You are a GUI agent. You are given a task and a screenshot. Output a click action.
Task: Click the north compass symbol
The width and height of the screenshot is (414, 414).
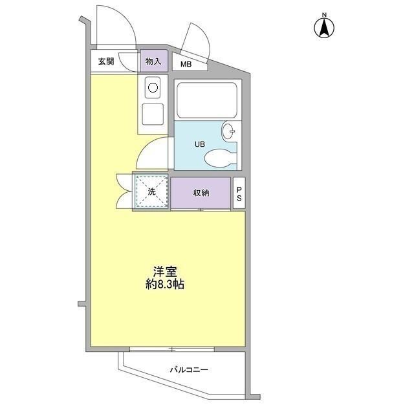[x=323, y=27]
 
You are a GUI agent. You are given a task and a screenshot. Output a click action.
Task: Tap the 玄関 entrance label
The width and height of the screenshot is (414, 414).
[x=106, y=62]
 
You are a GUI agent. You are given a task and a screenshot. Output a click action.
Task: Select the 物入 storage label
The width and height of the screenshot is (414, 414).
[x=153, y=62]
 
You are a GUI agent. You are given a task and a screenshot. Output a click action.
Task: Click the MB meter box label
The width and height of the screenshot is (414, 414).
[x=186, y=64]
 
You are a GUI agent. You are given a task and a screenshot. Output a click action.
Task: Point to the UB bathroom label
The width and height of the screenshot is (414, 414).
[x=200, y=144]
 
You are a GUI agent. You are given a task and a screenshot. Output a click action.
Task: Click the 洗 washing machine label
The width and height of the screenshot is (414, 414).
[x=151, y=191]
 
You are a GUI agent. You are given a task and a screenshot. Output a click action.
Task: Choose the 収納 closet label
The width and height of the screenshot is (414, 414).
[x=201, y=192]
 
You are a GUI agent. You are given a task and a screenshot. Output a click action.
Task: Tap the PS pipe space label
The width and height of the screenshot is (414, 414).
[x=239, y=193]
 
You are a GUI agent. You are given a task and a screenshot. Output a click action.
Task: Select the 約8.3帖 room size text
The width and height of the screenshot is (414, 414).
[x=165, y=284]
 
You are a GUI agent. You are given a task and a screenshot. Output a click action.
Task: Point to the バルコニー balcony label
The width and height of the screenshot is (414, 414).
[x=189, y=370]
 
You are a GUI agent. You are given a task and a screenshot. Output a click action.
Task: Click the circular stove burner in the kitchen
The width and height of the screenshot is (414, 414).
[x=153, y=87]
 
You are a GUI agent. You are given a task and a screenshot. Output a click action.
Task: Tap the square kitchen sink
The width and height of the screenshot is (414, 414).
[x=153, y=114]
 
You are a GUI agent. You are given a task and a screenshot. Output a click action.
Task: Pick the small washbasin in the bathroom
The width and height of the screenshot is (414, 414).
[x=228, y=131]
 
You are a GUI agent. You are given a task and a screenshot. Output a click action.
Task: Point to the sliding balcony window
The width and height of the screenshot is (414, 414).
[x=171, y=349]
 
